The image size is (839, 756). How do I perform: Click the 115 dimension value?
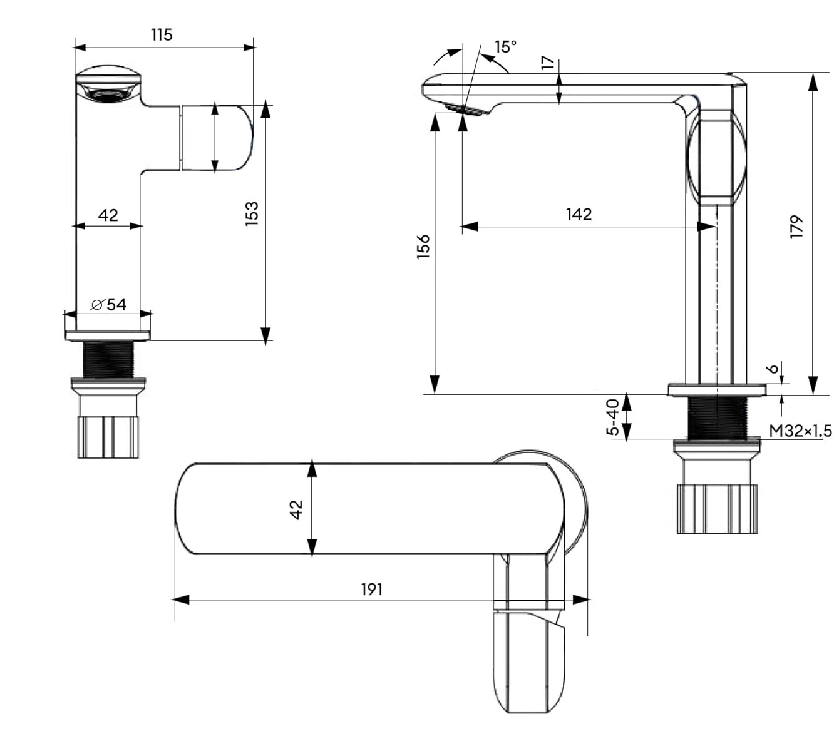[162, 34]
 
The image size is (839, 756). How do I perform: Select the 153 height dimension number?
[252, 213]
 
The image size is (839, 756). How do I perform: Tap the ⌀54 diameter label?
[109, 305]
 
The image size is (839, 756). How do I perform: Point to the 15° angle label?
[505, 47]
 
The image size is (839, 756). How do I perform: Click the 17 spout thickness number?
[548, 63]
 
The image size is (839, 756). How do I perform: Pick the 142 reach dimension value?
[579, 215]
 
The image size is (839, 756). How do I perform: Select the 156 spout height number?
[424, 246]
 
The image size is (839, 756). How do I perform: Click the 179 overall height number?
[796, 227]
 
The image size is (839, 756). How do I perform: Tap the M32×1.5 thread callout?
[800, 431]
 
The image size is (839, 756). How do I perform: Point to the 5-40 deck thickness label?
[614, 417]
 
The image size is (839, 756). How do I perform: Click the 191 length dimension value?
[371, 590]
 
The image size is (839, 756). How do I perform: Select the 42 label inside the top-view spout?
[296, 509]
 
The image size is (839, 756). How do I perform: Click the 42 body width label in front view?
[108, 215]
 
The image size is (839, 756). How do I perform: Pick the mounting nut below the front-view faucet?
[108, 436]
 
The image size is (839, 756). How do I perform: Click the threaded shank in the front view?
[108, 359]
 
